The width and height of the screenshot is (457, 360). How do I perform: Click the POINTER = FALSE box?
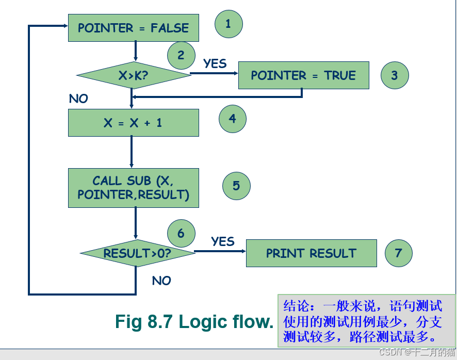(x=133, y=28)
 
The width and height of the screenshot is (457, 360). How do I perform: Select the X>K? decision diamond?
(x=134, y=75)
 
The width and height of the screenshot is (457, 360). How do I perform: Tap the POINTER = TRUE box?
(x=303, y=75)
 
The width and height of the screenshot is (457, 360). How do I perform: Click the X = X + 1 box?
(x=133, y=123)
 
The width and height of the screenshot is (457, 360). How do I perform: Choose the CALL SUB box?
(x=133, y=188)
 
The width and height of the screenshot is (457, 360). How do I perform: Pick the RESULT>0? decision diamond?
(x=137, y=253)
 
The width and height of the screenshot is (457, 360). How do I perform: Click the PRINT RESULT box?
(x=311, y=253)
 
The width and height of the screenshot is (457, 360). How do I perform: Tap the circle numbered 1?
(x=228, y=24)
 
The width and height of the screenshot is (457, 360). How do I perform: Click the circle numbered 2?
(x=181, y=55)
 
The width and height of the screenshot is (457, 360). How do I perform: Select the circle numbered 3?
(x=395, y=75)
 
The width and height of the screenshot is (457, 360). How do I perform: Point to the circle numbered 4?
(x=233, y=119)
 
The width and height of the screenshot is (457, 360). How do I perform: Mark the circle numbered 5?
(x=236, y=186)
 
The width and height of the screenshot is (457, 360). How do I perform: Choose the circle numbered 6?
(x=181, y=233)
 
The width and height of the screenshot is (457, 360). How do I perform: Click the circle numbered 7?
(x=398, y=253)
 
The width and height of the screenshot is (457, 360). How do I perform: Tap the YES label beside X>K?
(x=215, y=63)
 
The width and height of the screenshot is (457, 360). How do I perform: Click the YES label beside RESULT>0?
(x=223, y=241)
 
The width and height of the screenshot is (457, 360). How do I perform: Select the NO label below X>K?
(x=78, y=99)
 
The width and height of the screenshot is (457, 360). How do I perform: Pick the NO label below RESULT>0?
(x=161, y=281)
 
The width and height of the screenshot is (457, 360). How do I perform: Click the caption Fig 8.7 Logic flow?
(x=194, y=322)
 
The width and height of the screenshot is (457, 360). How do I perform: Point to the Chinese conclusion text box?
(x=366, y=321)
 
